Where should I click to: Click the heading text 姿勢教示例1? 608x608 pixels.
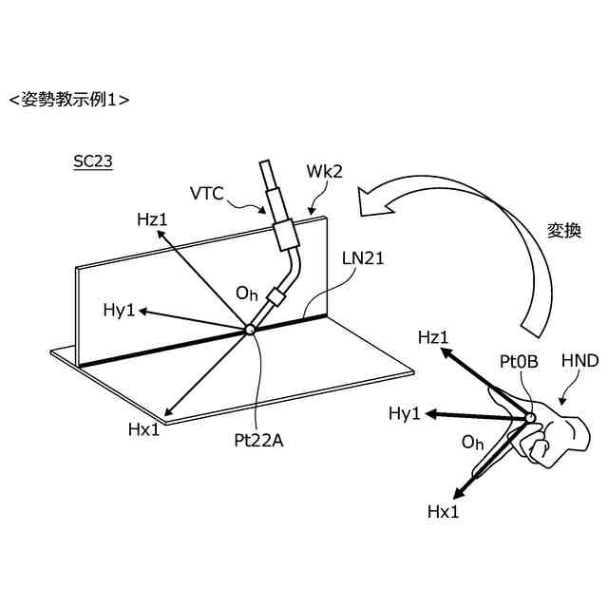68,99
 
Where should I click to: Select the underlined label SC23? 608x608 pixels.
93,161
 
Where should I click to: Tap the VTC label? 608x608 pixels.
206,194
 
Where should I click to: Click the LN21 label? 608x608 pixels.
364,257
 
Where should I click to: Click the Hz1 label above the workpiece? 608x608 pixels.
152,219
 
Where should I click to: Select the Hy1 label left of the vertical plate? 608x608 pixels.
121,310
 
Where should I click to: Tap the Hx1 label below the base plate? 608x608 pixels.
144,428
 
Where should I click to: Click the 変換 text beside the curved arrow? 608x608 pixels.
562,231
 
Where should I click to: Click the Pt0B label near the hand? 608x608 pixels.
519,362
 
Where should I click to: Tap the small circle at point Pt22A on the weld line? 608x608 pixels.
250,329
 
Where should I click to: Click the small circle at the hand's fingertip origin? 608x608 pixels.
530,418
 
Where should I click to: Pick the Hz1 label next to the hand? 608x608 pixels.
433,336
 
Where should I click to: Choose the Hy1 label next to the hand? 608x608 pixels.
406,413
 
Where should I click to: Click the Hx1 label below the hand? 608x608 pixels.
444,511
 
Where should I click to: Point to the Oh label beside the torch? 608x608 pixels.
247,294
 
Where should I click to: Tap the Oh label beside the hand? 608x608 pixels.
472,444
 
